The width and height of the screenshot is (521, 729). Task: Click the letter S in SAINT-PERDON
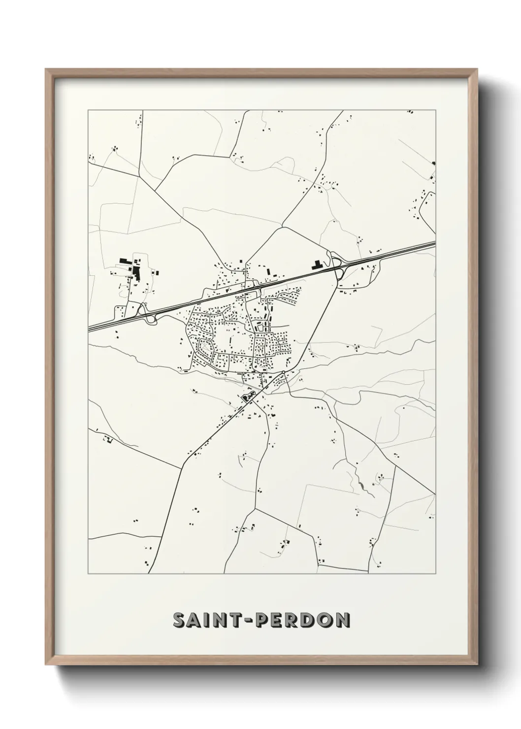180,621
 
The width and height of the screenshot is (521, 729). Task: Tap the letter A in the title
196,621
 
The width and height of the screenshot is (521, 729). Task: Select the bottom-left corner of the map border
88,574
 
